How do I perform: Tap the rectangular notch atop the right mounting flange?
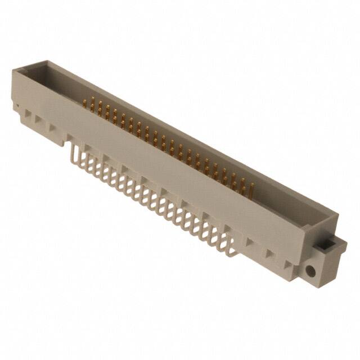tap(325, 246)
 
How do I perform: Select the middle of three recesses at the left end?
tap(38, 120)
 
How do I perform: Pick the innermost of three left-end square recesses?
tap(52, 128)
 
